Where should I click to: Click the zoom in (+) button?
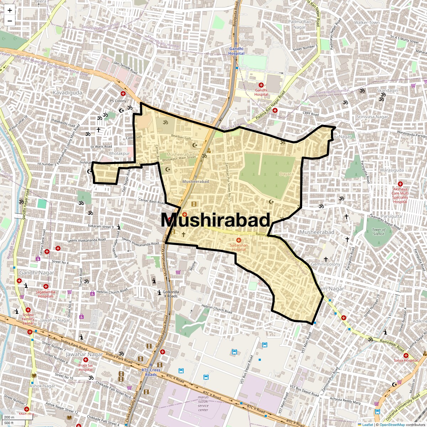coord(10,10)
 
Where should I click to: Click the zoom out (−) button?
coord(10,21)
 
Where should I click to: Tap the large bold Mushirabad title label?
coord(216,220)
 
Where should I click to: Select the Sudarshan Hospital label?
coord(239,247)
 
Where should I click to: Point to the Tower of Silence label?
coord(379,232)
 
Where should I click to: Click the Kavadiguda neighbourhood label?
coord(67,93)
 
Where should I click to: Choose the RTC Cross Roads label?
coord(151,372)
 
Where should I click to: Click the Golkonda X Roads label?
coord(170,294)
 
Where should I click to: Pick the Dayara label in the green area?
coord(286,174)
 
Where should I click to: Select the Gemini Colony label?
coord(326,264)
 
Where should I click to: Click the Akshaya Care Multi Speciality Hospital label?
coord(400,195)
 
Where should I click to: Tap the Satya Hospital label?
coord(406,360)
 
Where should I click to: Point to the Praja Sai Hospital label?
coord(85,367)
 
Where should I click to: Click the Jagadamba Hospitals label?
coord(46,294)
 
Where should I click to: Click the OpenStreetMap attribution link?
coord(392,425)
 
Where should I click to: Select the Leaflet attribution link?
coord(367,425)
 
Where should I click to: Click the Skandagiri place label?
coord(388,90)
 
